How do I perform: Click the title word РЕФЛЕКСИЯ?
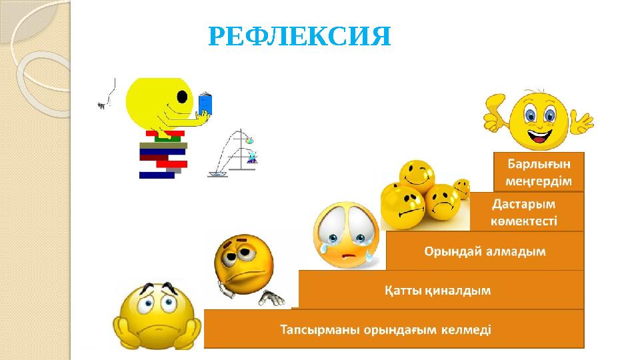[299, 37]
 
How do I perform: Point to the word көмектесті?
[524, 221]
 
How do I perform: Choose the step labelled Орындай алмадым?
[485, 251]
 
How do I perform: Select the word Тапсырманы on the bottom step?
[313, 329]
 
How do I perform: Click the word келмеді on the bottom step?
[467, 329]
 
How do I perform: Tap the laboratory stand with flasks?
[235, 155]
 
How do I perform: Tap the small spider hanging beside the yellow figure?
[102, 105]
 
